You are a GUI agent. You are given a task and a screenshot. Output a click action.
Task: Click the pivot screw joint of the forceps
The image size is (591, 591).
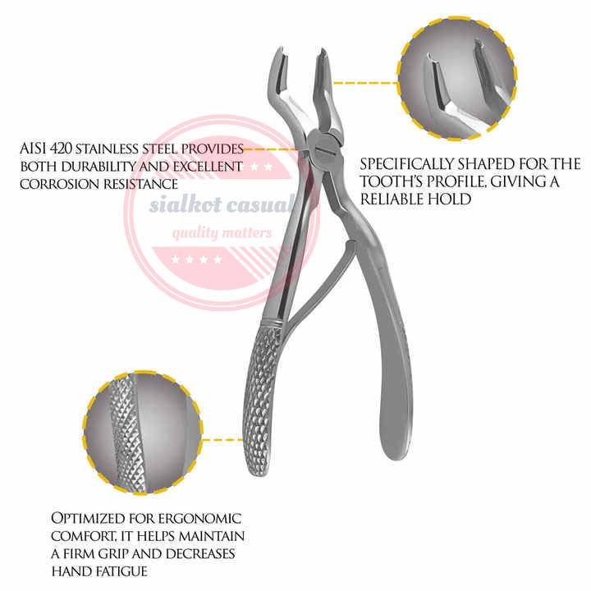click(320, 151)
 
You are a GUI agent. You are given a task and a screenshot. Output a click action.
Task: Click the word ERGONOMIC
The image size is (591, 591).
click(199, 519)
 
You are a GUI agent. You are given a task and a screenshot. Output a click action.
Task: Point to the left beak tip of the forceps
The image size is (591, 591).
click(276, 57)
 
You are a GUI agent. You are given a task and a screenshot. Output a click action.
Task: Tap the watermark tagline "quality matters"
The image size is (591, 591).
click(222, 233)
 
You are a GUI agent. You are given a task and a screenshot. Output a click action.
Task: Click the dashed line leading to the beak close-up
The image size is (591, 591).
click(369, 82)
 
